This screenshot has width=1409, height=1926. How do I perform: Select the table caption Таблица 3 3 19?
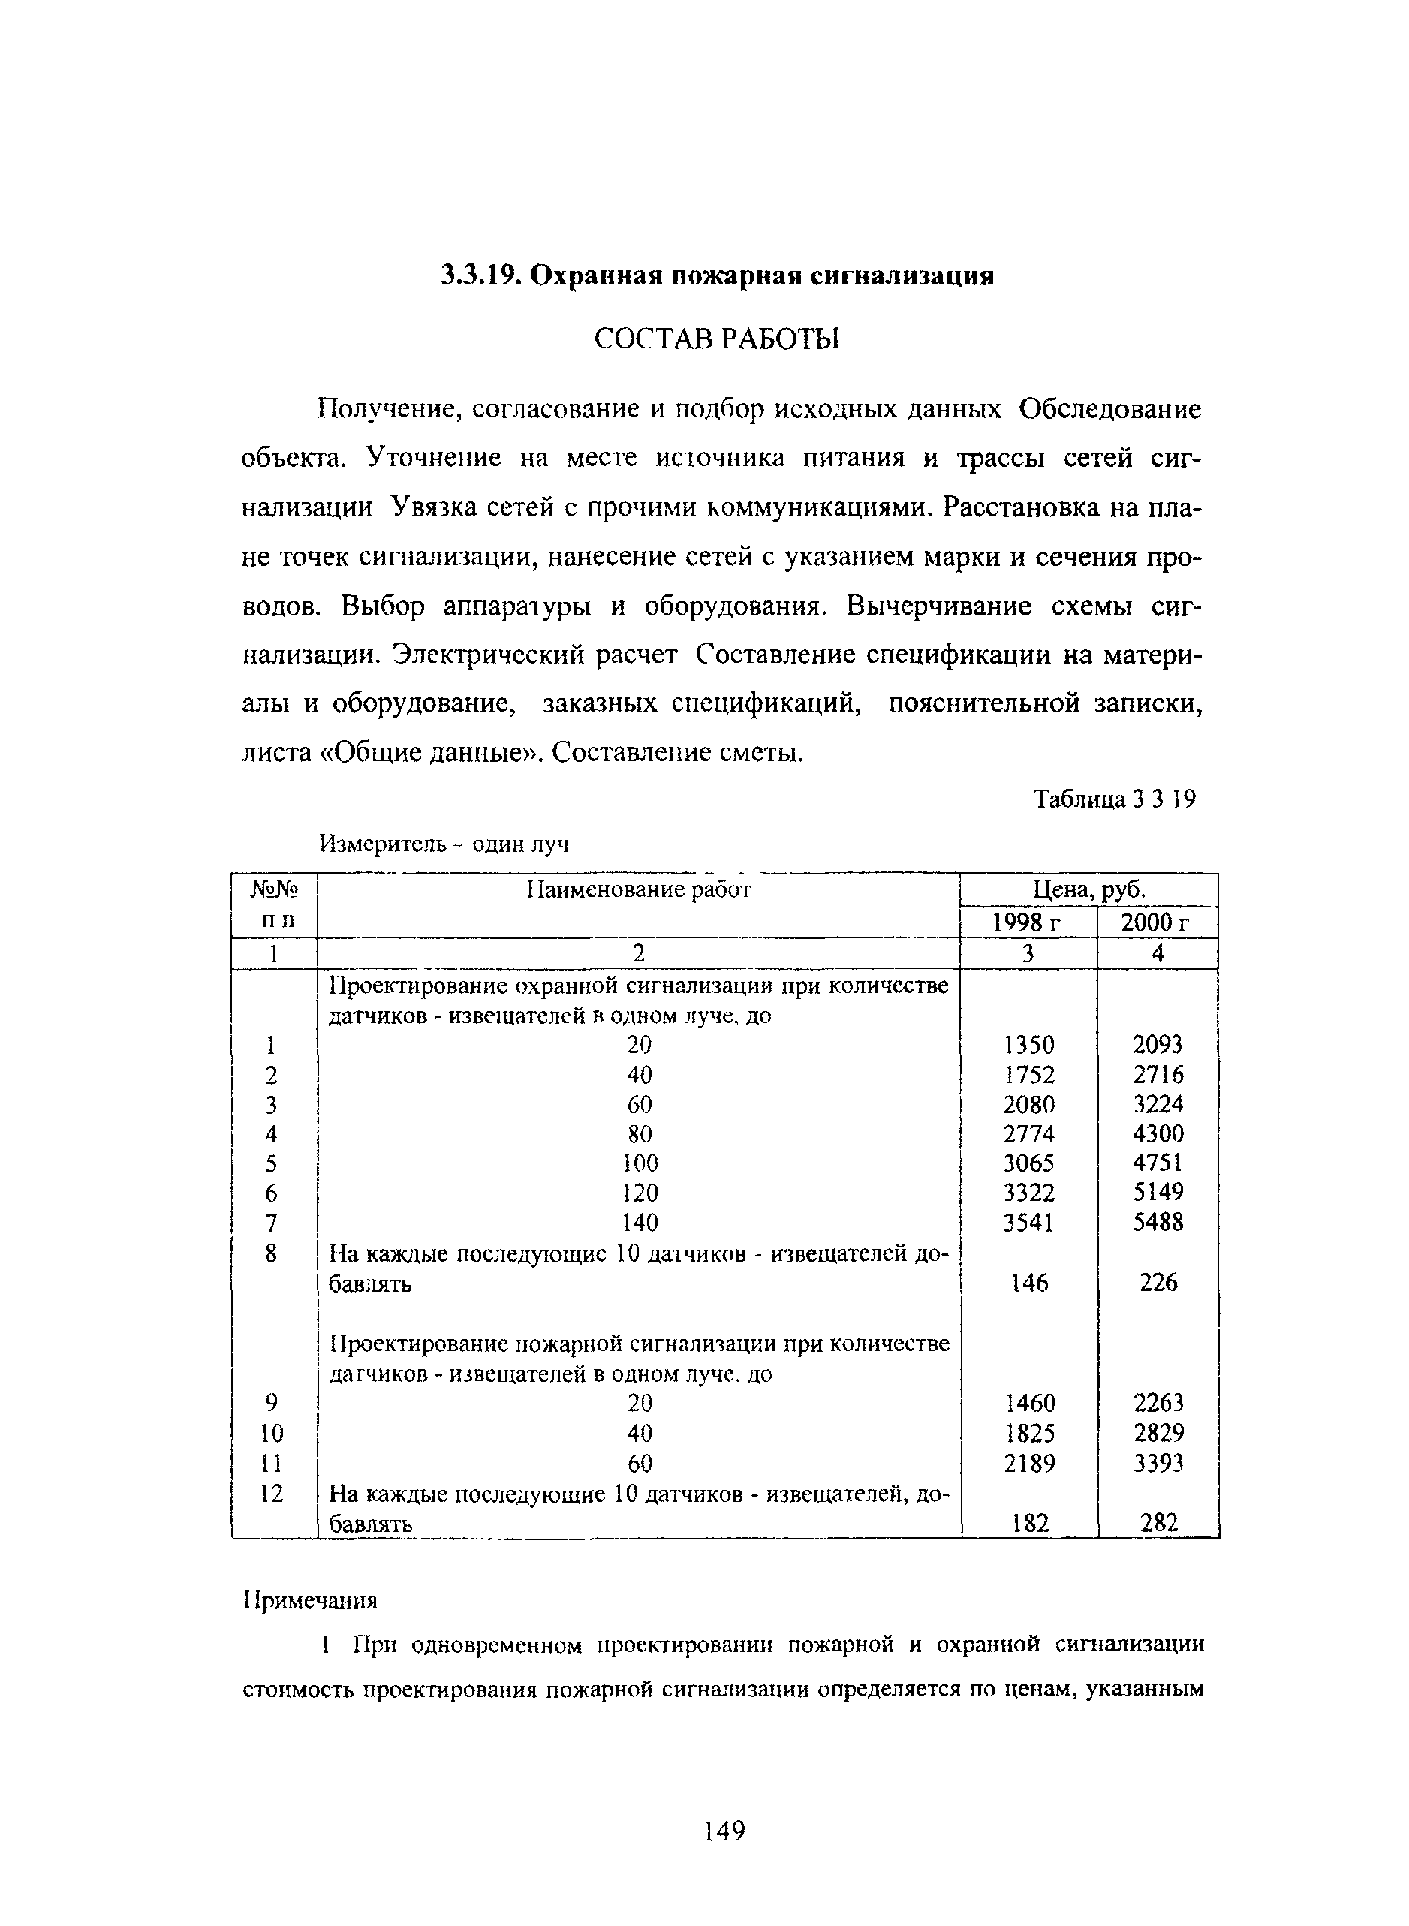pos(1114,799)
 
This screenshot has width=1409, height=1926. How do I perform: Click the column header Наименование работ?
pos(638,890)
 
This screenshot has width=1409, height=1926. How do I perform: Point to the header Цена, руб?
pos(1089,890)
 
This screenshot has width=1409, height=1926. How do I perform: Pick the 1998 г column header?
pos(1028,922)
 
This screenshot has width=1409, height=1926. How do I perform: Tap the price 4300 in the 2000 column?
pos(1158,1133)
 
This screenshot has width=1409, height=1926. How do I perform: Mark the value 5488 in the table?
pos(1158,1223)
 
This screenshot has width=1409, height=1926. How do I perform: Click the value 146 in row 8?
pos(1029,1282)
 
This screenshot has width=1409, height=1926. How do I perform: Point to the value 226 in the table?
pos(1158,1282)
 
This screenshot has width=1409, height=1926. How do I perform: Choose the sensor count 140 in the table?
pos(640,1223)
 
